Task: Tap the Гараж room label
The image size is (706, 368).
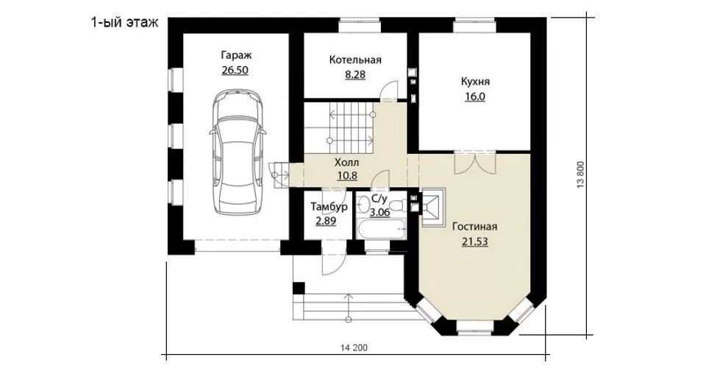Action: [x=236, y=55]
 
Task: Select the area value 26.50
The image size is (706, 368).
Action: [x=235, y=70]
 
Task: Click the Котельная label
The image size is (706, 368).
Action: [x=355, y=60]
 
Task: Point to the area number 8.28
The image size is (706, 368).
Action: [x=355, y=75]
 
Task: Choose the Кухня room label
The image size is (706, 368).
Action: [x=475, y=82]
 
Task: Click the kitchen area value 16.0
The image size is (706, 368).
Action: [x=475, y=96]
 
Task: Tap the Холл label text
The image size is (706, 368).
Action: [x=346, y=162]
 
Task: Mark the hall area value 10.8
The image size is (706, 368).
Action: [x=347, y=175]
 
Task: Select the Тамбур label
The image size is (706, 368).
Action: [x=329, y=207]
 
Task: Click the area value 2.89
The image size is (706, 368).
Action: [x=326, y=222]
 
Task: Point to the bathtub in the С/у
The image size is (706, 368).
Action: [x=381, y=228]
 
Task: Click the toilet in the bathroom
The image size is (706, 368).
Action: [x=396, y=205]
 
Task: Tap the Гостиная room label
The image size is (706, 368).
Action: [x=474, y=227]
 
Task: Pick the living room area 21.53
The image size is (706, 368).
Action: [x=474, y=242]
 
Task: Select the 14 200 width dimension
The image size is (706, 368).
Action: [x=354, y=347]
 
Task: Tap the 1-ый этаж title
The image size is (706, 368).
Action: [x=125, y=23]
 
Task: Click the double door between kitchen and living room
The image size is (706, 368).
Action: [x=475, y=163]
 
